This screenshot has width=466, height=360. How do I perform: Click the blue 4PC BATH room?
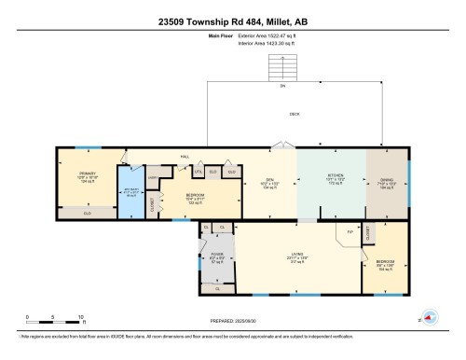click(132, 195)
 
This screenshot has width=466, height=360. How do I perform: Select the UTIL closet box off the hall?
click(198, 172)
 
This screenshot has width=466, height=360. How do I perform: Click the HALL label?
click(171, 157)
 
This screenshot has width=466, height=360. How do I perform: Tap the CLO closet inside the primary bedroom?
click(88, 213)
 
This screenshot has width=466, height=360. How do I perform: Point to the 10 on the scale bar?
click(82, 317)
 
